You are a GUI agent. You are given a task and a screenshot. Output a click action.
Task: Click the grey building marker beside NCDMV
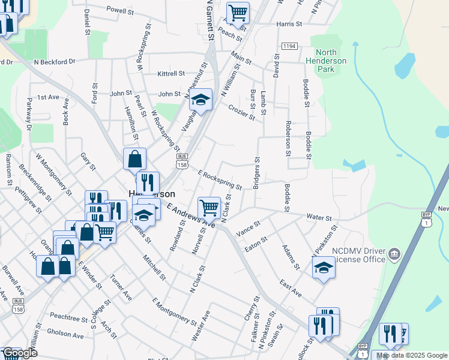[x=394, y=253]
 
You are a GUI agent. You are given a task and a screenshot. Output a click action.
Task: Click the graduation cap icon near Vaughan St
[x=201, y=100]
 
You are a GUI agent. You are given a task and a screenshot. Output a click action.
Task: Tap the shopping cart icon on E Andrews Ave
[x=209, y=208]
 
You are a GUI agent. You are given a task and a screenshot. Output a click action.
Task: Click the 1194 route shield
[x=289, y=46]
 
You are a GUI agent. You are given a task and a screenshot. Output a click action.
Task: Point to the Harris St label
[x=289, y=24]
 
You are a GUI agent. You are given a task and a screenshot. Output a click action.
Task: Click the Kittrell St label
[x=171, y=74]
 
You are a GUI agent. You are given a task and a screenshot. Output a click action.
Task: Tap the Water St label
[x=319, y=217]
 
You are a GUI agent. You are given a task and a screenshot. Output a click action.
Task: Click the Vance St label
[x=249, y=228]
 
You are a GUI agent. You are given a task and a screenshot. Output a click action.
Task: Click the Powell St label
[x=120, y=10]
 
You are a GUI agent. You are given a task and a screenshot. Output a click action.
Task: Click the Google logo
[x=19, y=353]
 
